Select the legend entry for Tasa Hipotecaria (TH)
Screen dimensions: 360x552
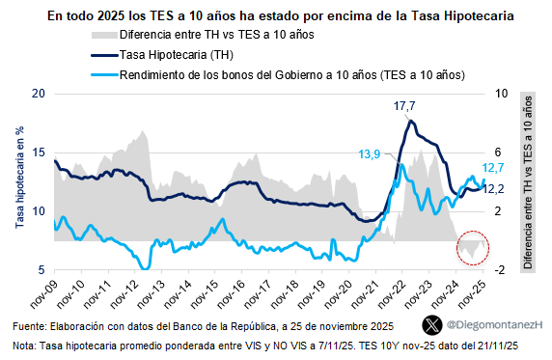[183, 55]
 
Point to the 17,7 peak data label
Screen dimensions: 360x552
[404, 105]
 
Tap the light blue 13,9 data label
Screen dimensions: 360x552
[370, 153]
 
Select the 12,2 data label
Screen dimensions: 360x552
[496, 189]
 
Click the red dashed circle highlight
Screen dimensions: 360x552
[473, 248]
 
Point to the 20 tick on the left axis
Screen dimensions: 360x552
[38, 94]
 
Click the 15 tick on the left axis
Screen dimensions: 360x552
[38, 152]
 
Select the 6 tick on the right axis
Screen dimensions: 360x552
[499, 152]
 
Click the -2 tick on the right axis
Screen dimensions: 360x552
[501, 269]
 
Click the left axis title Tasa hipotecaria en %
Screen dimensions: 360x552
[18, 181]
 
